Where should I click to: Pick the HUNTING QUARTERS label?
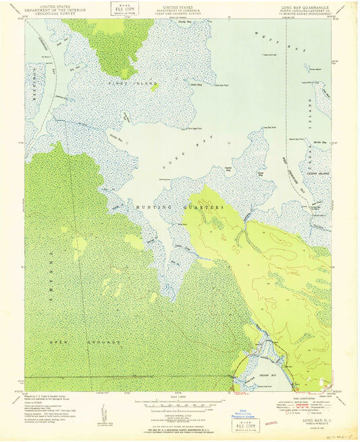[181, 207]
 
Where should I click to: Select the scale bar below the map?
[180, 406]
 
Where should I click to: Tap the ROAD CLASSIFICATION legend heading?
[298, 399]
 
